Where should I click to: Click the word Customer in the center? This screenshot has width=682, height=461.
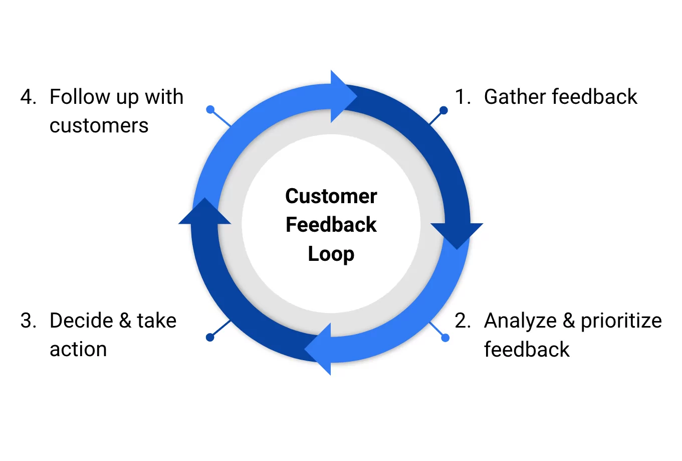click(x=331, y=196)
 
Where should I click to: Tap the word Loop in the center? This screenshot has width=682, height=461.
click(x=331, y=254)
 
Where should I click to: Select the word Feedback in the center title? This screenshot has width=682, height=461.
click(x=331, y=225)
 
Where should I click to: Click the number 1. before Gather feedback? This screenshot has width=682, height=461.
click(x=463, y=97)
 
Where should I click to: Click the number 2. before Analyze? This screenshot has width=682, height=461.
click(x=463, y=321)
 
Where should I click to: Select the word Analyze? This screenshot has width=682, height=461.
click(x=520, y=322)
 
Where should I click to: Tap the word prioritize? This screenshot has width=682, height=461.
click(x=621, y=322)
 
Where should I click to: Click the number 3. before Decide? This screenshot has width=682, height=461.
click(x=29, y=321)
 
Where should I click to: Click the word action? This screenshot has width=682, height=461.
click(x=78, y=349)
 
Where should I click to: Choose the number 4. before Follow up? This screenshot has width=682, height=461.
click(x=29, y=97)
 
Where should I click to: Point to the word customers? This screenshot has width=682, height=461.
click(x=99, y=125)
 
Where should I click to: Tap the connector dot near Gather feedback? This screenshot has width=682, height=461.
click(x=443, y=110)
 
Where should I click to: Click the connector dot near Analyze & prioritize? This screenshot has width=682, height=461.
click(x=445, y=338)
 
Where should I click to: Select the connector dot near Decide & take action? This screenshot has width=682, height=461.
click(x=210, y=338)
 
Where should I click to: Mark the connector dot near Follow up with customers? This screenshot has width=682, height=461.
click(x=210, y=109)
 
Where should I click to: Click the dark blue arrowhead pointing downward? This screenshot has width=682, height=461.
click(x=457, y=234)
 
